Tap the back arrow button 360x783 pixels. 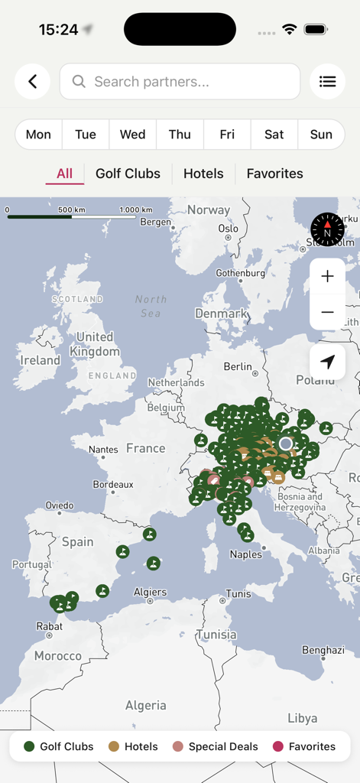(32, 82)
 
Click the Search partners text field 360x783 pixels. (180, 82)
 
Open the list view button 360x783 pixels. (327, 82)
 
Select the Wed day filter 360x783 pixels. (132, 135)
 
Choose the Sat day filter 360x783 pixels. (274, 135)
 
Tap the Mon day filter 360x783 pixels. (38, 135)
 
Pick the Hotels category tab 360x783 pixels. (203, 174)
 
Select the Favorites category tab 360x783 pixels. (274, 174)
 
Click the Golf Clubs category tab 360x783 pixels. (128, 174)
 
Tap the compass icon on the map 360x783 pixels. (327, 229)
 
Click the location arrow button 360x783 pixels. (327, 362)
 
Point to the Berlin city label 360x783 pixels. (238, 367)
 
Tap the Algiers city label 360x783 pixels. (150, 592)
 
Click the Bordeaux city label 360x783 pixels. (113, 485)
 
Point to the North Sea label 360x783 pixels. (151, 306)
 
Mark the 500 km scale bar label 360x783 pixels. (71, 210)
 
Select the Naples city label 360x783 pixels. (245, 554)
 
